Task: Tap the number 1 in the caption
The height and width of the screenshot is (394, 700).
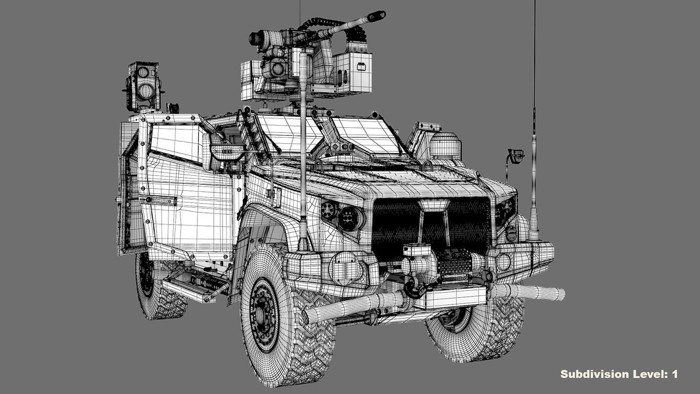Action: click(674, 374)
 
